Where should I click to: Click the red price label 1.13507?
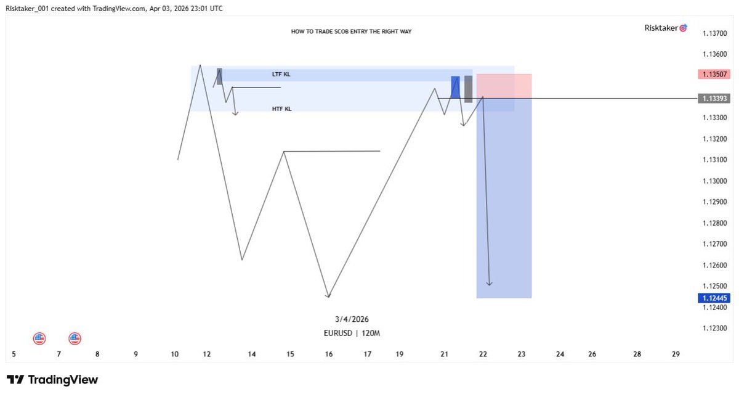(x=714, y=74)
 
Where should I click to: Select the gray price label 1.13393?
(x=714, y=99)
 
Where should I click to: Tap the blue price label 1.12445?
(x=714, y=298)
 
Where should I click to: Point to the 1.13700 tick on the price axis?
(x=714, y=33)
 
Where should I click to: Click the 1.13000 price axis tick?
(x=714, y=181)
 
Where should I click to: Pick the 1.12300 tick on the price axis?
(x=714, y=329)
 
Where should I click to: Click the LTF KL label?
(x=281, y=75)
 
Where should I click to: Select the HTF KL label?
(x=282, y=108)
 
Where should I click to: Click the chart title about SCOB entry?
(x=352, y=31)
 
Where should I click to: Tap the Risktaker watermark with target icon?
(x=666, y=28)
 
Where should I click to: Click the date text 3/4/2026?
(x=352, y=319)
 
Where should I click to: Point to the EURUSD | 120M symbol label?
(x=352, y=334)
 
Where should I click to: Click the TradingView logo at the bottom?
(x=52, y=380)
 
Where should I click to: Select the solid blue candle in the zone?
(x=455, y=87)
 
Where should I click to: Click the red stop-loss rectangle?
(x=504, y=86)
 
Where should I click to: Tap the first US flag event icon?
(x=39, y=338)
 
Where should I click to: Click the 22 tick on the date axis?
(x=483, y=354)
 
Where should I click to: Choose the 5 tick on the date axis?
(x=14, y=354)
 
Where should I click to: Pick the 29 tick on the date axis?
(x=676, y=354)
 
